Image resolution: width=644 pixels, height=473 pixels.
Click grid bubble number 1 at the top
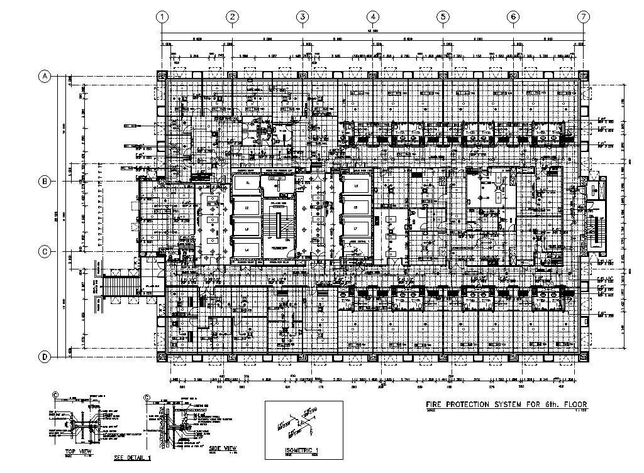point(162,17)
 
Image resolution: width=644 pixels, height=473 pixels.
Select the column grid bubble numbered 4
point(373,17)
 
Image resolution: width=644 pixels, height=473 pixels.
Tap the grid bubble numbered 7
point(584,17)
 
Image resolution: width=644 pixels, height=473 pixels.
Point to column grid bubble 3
point(303,17)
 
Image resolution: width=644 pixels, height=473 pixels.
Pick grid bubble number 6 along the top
point(514,17)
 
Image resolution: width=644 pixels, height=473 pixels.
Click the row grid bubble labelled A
point(45,77)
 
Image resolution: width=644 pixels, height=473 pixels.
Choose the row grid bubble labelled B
point(45,182)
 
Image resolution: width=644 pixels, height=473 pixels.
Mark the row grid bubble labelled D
point(45,357)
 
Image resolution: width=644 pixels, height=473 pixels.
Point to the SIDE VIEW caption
point(223,447)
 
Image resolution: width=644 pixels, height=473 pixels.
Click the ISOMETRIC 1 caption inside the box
point(301,450)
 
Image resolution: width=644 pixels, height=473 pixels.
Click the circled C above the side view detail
point(147,398)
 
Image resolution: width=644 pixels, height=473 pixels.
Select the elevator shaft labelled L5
point(356,187)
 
